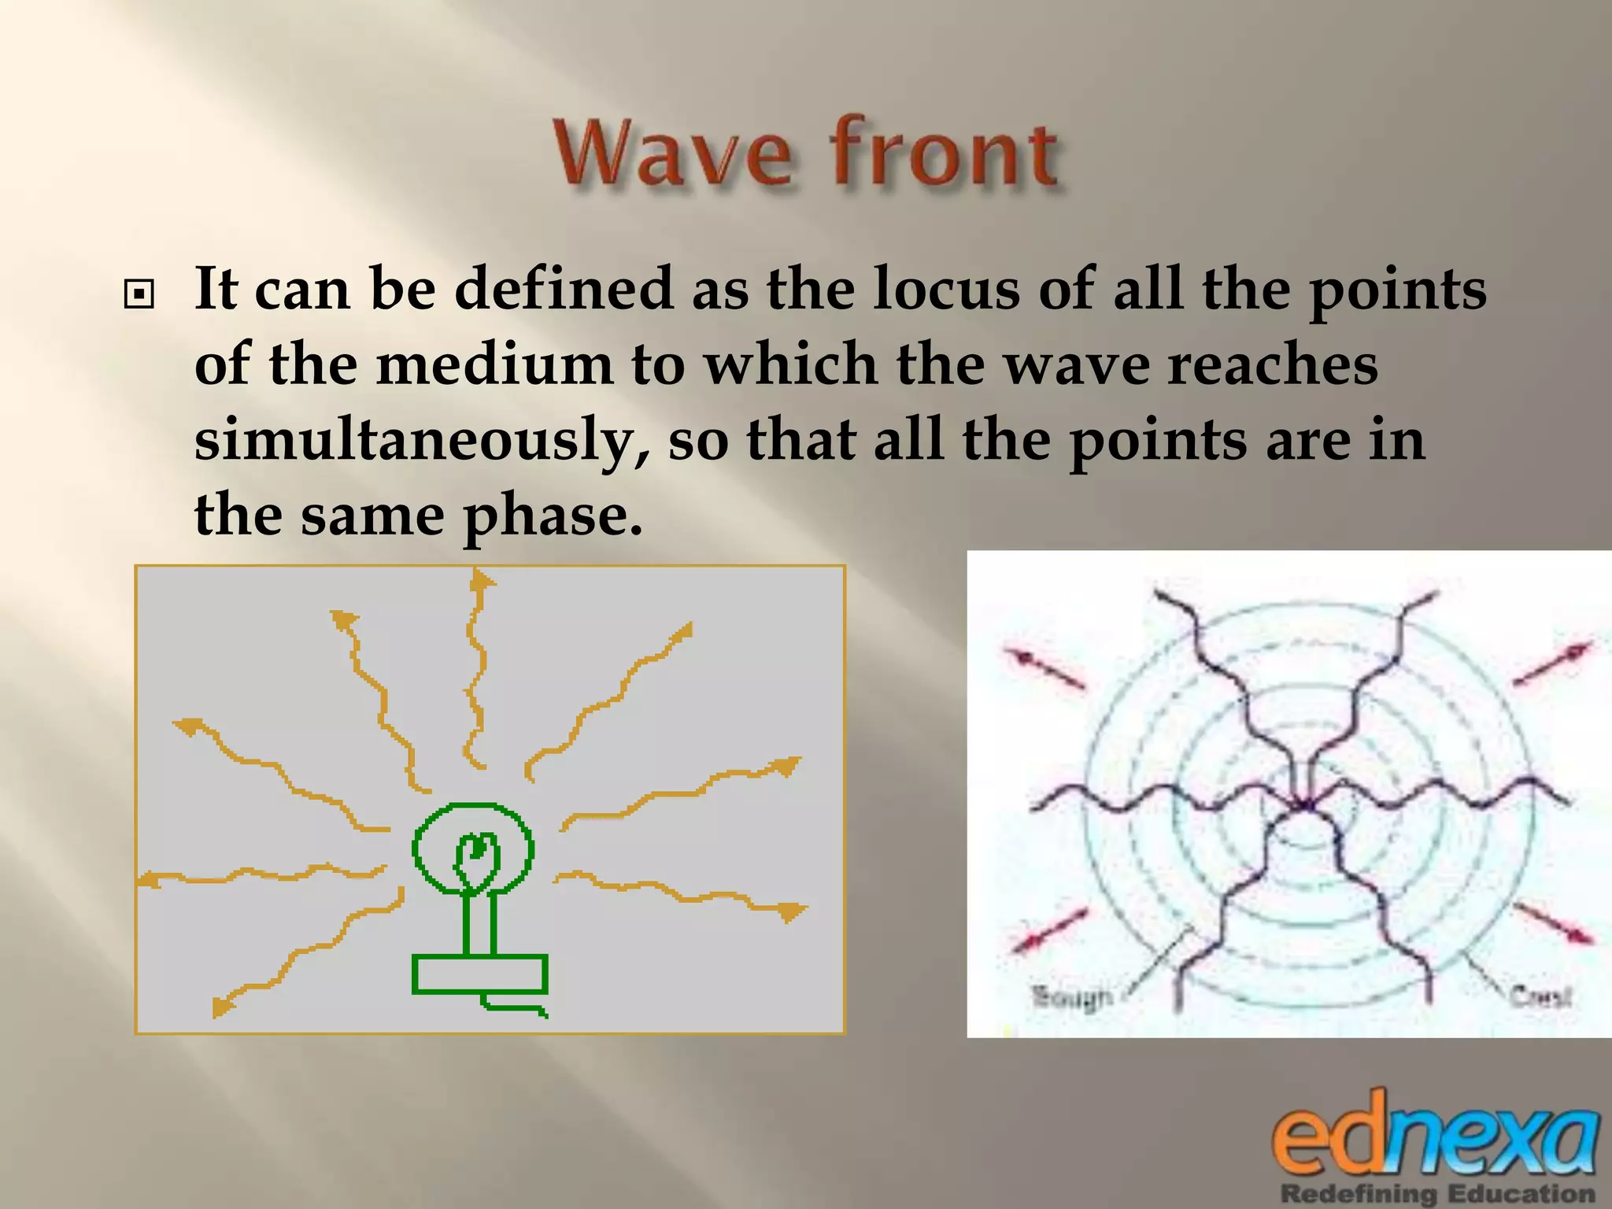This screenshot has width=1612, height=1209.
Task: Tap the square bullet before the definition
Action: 139,295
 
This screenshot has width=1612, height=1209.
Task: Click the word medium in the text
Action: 494,366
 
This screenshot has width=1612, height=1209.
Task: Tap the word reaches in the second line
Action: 1271,366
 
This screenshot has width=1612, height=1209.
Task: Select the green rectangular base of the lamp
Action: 479,974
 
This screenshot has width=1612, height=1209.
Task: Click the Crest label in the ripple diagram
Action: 1540,996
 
